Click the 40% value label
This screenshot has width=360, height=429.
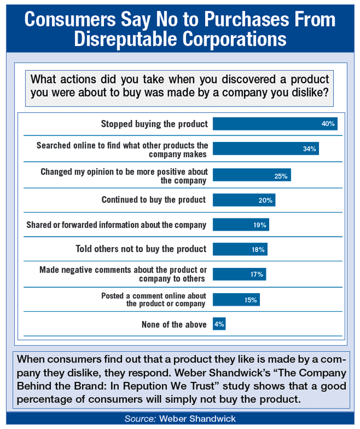click(x=328, y=124)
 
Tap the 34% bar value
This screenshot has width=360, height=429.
click(x=309, y=149)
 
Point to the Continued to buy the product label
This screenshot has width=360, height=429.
click(x=154, y=200)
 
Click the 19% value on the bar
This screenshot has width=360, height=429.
click(x=259, y=225)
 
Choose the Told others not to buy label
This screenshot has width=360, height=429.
click(x=141, y=249)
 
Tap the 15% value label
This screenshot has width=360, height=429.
click(x=250, y=300)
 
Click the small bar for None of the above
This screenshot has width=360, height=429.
click(x=219, y=324)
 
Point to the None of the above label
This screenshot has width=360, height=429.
click(x=174, y=325)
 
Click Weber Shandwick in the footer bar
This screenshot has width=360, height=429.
click(x=197, y=419)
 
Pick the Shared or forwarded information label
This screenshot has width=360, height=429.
click(x=116, y=225)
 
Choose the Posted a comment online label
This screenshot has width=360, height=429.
click(x=154, y=300)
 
